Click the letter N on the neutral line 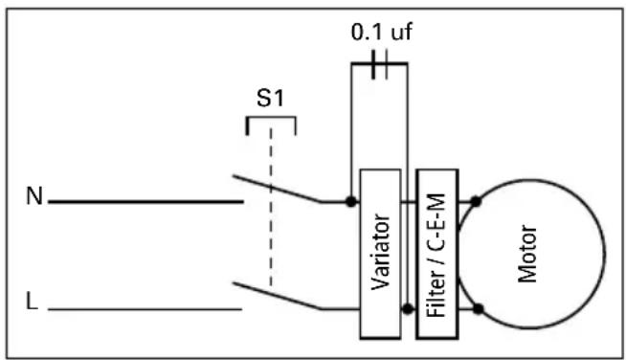(x=34, y=198)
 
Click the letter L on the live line (x=34, y=305)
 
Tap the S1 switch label (x=271, y=100)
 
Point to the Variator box (x=380, y=254)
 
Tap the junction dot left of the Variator (x=352, y=202)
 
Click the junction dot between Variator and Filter (x=410, y=309)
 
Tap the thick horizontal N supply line (x=144, y=202)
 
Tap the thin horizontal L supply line (x=144, y=309)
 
